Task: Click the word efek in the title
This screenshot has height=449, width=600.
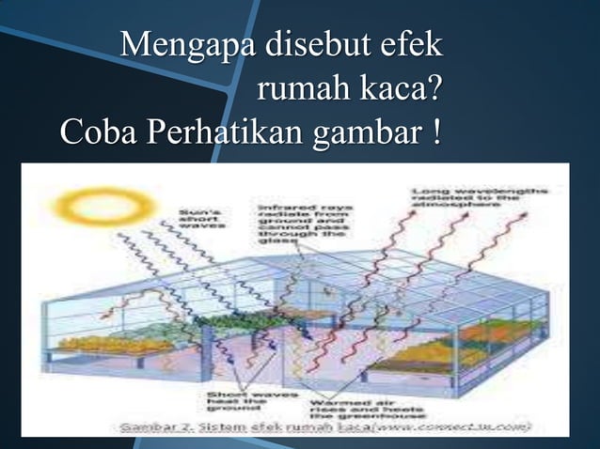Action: pyautogui.click(x=409, y=46)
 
